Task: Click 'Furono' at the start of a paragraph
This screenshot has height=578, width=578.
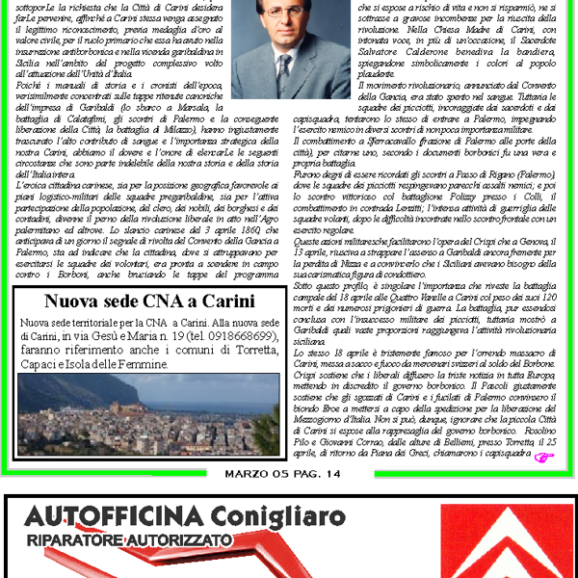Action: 307,174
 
